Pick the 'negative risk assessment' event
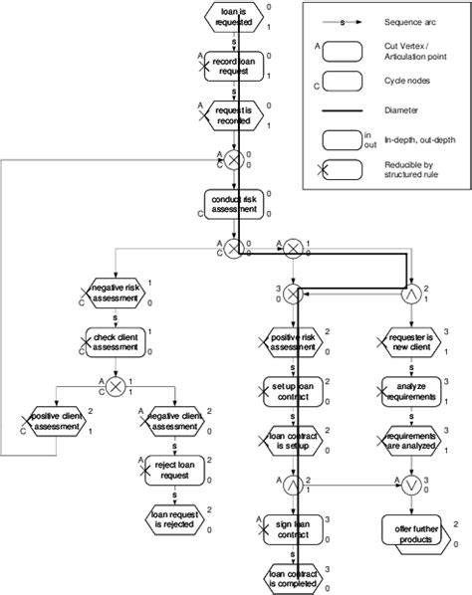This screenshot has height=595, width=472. click(116, 295)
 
